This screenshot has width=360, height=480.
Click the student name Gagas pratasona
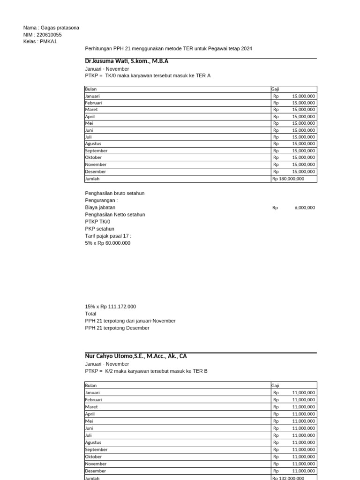pos(60,28)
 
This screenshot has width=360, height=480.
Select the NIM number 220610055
pos(49,35)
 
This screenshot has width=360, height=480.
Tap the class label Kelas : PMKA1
pos(39,42)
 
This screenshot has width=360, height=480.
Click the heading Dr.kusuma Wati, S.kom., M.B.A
pos(127,61)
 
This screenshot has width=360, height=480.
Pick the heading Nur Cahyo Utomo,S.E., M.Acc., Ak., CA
pos(136,356)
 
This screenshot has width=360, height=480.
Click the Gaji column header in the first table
pos(275,89)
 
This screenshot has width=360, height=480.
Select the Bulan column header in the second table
pos(91,385)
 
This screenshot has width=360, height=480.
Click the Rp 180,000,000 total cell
pos(288,179)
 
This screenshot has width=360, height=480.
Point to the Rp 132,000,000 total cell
pos(288,478)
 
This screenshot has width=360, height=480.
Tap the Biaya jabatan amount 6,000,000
pos(304,208)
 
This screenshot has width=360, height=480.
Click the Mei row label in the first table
pos(89,123)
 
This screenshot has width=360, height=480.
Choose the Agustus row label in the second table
pos(93,442)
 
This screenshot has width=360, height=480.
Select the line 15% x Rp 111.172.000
pos(111,307)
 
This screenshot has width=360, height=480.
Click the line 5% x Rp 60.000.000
pos(108,243)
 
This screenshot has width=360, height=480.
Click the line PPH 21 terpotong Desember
pos(117,328)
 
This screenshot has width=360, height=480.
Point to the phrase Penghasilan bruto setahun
pos(115,193)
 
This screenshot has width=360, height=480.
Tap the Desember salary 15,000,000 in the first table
pos(303,172)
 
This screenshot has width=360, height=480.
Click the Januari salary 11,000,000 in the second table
pos(303,393)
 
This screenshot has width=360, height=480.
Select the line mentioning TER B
pos(146,371)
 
